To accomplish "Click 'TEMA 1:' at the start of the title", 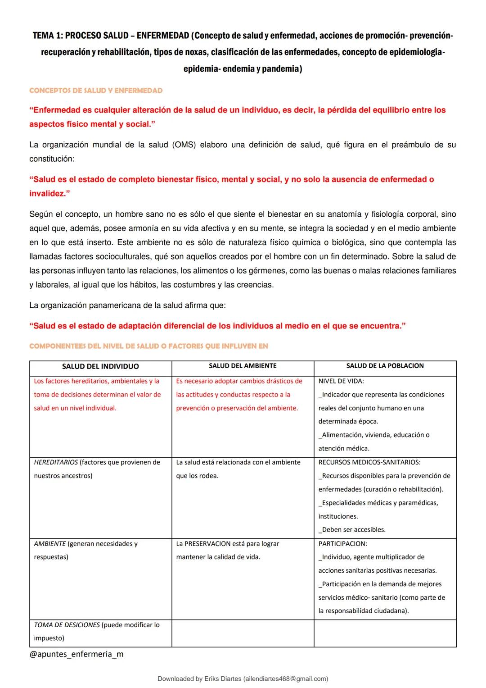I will click(x=47, y=36).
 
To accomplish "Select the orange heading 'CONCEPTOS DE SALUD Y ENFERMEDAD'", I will click(x=96, y=91).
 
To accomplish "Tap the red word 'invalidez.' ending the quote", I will click(x=49, y=194).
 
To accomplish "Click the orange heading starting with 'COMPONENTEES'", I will click(x=148, y=346).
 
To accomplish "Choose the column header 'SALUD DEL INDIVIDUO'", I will click(x=100, y=367).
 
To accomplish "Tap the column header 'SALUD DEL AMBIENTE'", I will click(x=243, y=366).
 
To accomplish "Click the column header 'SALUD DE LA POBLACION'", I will click(x=385, y=366).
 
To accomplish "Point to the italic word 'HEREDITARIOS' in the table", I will click(x=56, y=462).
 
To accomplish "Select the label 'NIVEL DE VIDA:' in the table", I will click(x=341, y=381).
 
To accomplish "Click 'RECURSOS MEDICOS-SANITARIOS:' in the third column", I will click(x=369, y=462).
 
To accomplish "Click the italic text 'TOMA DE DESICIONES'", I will click(x=67, y=625).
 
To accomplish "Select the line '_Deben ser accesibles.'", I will click(x=352, y=530).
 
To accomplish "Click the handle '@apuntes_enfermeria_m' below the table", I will click(x=76, y=654).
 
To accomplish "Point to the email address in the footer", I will click(x=284, y=679).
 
